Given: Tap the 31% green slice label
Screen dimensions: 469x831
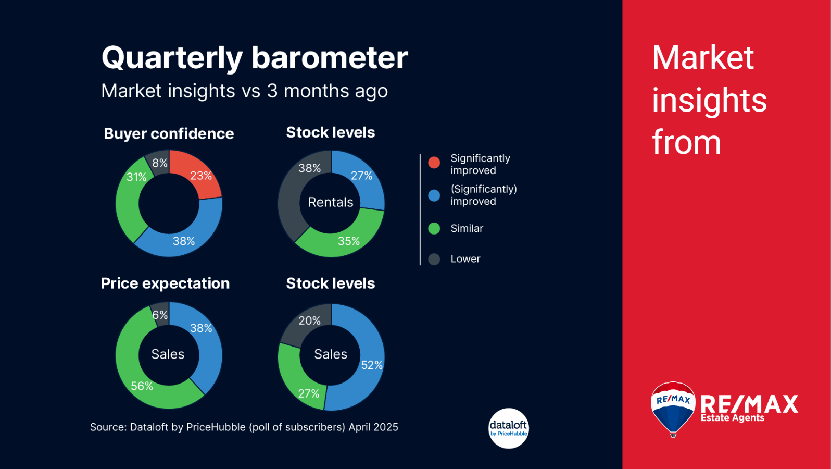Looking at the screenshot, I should [x=136, y=177].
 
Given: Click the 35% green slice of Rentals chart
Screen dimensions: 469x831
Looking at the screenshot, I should [x=348, y=241].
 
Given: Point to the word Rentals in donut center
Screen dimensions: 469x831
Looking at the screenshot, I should [x=331, y=202].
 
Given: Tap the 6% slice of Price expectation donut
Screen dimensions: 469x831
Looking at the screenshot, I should [x=160, y=315].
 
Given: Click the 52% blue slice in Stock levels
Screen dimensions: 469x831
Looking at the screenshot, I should [x=371, y=365].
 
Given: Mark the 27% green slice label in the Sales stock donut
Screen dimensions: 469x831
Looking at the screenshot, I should [x=308, y=393].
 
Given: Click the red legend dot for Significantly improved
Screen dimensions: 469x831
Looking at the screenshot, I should [x=434, y=163].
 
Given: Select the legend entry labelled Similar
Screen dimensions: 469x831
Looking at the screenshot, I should [x=467, y=228].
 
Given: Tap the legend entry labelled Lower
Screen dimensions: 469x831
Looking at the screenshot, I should [x=465, y=259].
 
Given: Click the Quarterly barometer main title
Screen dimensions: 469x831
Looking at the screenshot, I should [x=255, y=58].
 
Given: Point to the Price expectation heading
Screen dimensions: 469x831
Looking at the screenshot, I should [x=165, y=283].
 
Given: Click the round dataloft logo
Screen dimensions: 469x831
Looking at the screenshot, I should [x=508, y=428].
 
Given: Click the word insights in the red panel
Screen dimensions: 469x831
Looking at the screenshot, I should [x=709, y=100].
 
